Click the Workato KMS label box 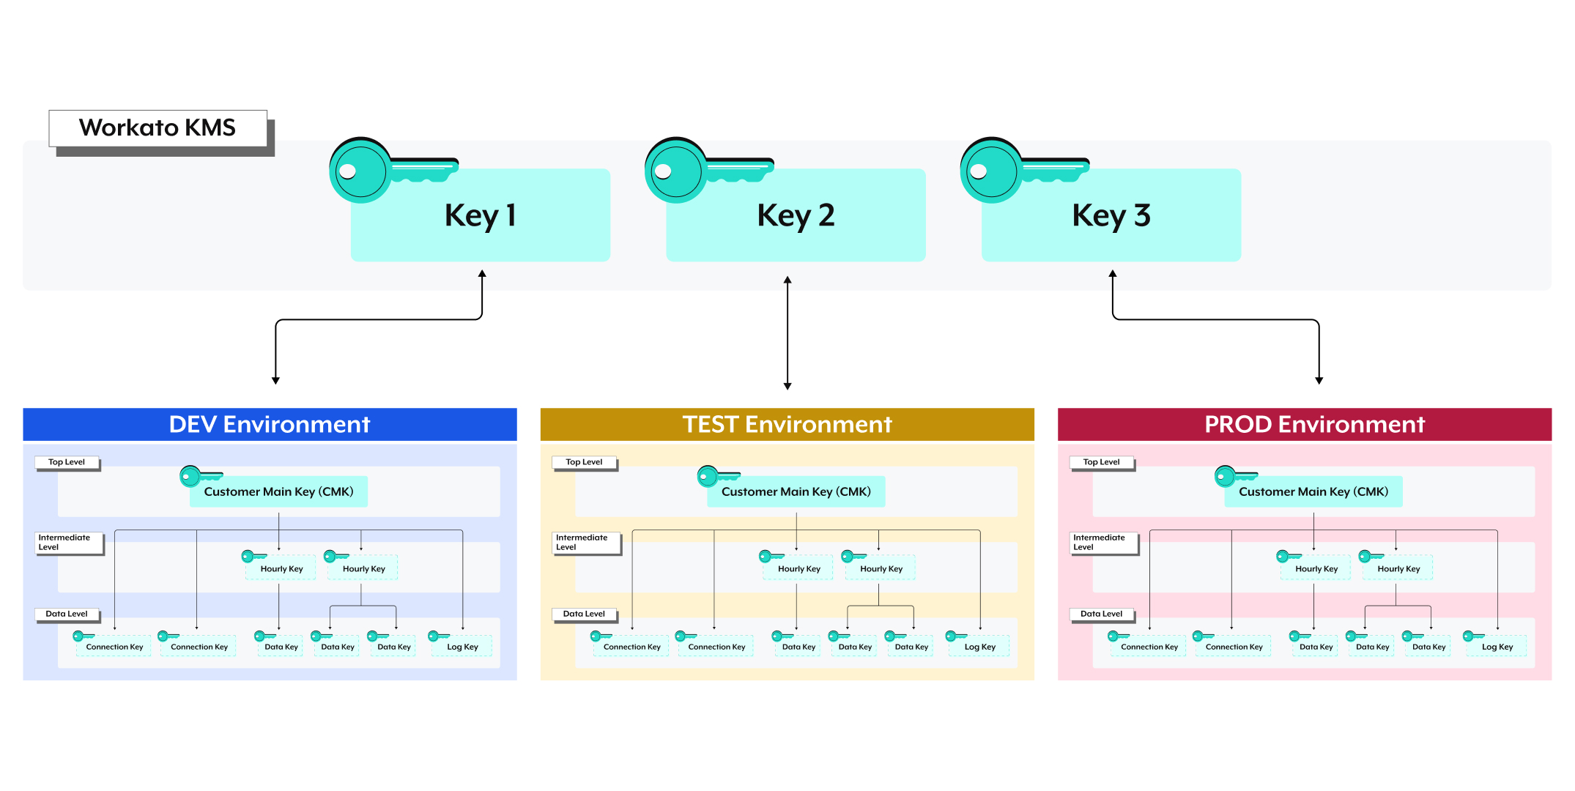coord(157,128)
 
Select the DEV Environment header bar coord(270,424)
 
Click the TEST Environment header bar coord(787,424)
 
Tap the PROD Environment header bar coord(1304,424)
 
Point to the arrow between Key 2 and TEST coord(787,333)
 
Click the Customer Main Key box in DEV coord(278,491)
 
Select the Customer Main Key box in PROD coord(1313,491)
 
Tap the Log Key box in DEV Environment coord(462,647)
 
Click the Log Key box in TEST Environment coord(979,647)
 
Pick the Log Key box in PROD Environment coord(1497,647)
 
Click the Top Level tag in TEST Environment coord(584,462)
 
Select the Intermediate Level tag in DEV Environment coord(69,542)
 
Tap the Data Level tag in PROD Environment coord(1101,614)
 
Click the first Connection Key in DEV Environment coord(114,647)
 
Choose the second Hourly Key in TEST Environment coord(881,568)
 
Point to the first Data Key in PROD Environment coord(1316,647)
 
